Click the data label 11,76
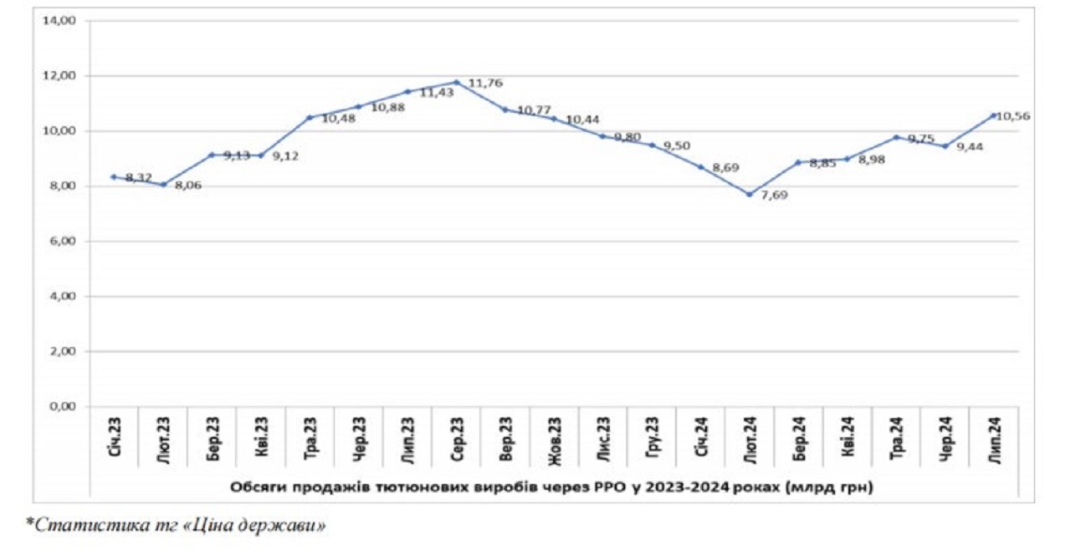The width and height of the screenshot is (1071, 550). [x=486, y=84]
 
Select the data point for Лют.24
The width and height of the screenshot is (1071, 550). [x=750, y=194]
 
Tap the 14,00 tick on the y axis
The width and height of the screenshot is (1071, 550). [x=59, y=21]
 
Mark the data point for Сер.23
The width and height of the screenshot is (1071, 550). [x=457, y=82]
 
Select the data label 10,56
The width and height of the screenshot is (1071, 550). [x=1015, y=116]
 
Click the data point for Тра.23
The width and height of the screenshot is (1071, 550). [x=310, y=117]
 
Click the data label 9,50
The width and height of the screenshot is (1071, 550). [x=678, y=147]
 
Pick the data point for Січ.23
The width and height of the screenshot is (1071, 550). [x=114, y=176]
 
